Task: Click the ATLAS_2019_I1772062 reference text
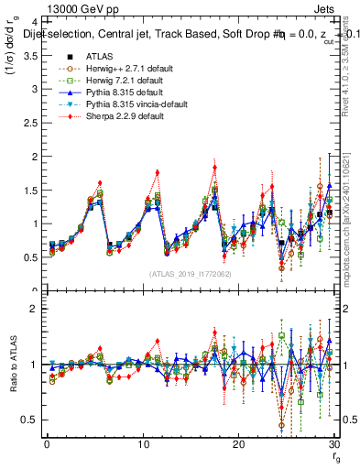point(188,274)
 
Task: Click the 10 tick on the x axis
point(142,444)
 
